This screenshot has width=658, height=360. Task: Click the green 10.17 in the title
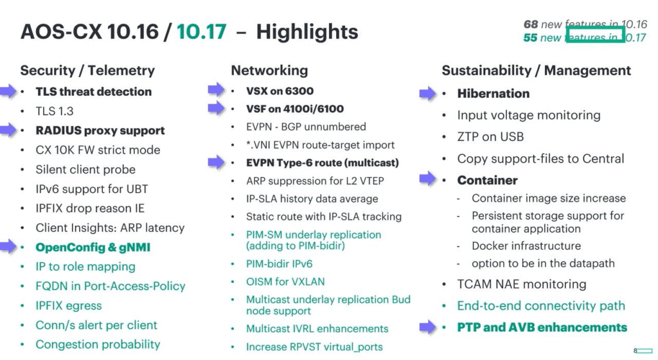point(201,32)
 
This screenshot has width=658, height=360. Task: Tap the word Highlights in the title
point(307,32)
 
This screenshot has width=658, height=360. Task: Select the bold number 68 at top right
point(530,24)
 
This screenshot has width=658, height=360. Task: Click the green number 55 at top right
point(530,38)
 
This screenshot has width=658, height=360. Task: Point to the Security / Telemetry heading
point(87,71)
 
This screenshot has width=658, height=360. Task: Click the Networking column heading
point(269,71)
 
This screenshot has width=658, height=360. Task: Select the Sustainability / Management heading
point(537,71)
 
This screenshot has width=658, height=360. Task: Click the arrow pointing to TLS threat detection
point(8,91)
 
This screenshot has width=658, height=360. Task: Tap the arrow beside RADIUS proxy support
point(8,130)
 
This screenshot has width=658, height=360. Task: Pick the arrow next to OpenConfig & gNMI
point(8,246)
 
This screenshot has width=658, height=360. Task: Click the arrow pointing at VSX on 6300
point(216,89)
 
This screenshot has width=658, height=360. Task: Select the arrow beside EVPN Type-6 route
point(216,162)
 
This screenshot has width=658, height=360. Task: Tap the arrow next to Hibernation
point(427,93)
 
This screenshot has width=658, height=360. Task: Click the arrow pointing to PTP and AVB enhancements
point(427,327)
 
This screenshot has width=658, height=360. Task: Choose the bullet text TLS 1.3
point(55,111)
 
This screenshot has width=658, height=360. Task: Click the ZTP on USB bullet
point(490,137)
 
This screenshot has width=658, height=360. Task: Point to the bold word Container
point(487,180)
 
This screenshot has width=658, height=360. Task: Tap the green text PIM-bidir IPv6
point(279,264)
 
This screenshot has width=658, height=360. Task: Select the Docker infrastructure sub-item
point(526,246)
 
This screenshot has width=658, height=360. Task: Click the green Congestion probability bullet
point(98,345)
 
